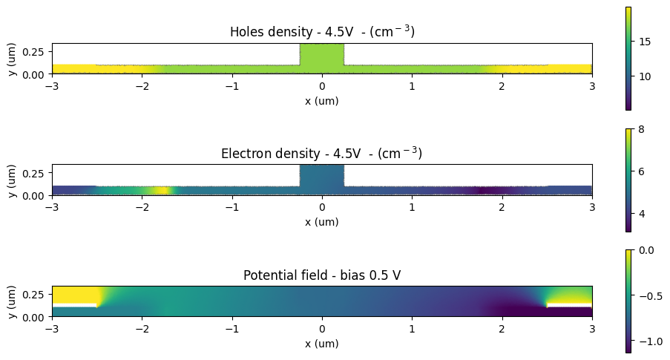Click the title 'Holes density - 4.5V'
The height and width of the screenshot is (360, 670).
click(321, 32)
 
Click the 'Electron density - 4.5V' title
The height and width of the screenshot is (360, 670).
click(321, 154)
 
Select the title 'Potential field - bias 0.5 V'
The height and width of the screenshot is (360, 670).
click(321, 275)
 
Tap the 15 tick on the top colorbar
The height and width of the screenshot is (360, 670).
click(645, 42)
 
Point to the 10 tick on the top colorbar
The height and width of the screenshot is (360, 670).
click(645, 76)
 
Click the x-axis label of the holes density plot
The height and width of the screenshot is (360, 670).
click(321, 101)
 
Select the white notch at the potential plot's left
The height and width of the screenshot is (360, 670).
click(74, 305)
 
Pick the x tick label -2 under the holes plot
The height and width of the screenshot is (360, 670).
click(140, 86)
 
